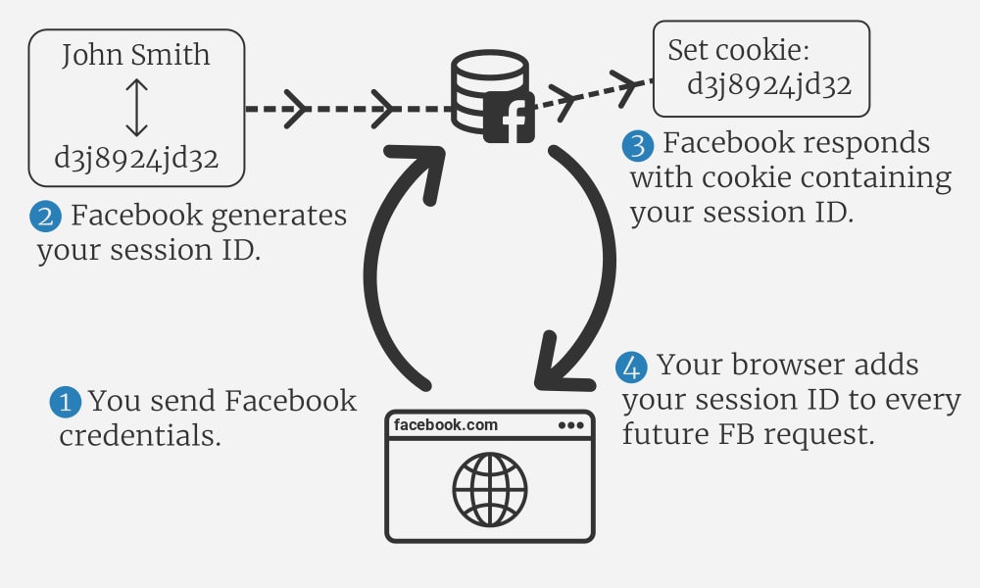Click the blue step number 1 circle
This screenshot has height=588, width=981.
66,402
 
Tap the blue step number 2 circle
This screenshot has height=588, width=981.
48,216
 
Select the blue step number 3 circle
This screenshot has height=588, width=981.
637,146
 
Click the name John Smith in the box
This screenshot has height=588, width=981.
136,54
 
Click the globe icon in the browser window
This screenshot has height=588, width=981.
490,488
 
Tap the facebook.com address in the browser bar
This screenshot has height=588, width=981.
446,425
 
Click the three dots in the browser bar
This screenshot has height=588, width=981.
569,425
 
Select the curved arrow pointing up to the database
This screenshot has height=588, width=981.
392,265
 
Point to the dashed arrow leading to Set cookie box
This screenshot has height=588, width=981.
593,88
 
